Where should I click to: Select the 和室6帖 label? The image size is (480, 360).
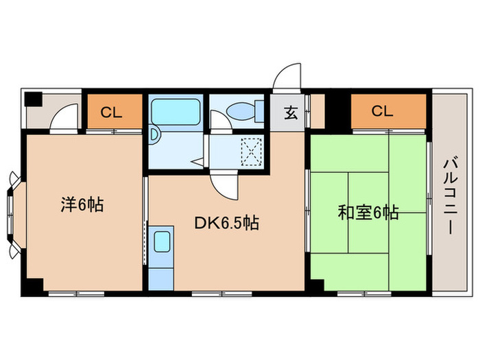(x=368, y=213)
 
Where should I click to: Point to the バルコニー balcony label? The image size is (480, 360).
(x=450, y=195)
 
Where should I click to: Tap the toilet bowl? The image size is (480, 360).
(x=240, y=110)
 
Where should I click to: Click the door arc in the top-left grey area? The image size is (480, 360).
(x=64, y=117)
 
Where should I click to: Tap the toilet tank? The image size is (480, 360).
(x=259, y=110)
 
